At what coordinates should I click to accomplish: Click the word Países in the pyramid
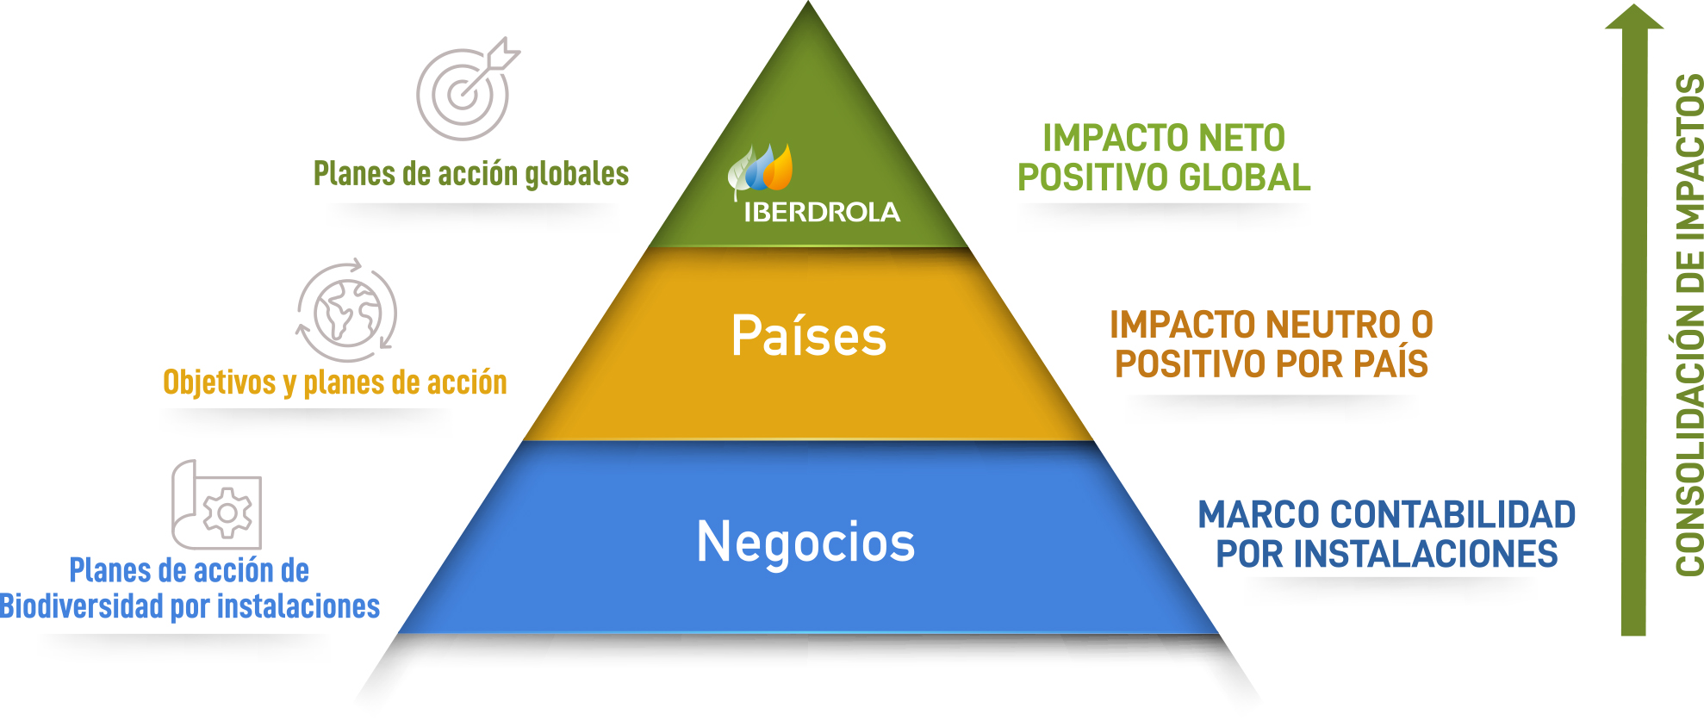pyautogui.click(x=808, y=336)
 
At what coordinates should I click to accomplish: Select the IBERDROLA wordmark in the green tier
pyautogui.click(x=822, y=212)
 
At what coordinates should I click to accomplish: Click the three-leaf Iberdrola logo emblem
pyautogui.click(x=761, y=168)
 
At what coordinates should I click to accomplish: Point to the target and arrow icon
pyautogui.click(x=466, y=90)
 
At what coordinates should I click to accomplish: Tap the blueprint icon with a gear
pyautogui.click(x=216, y=506)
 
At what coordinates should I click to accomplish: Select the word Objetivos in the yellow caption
pyautogui.click(x=220, y=382)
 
